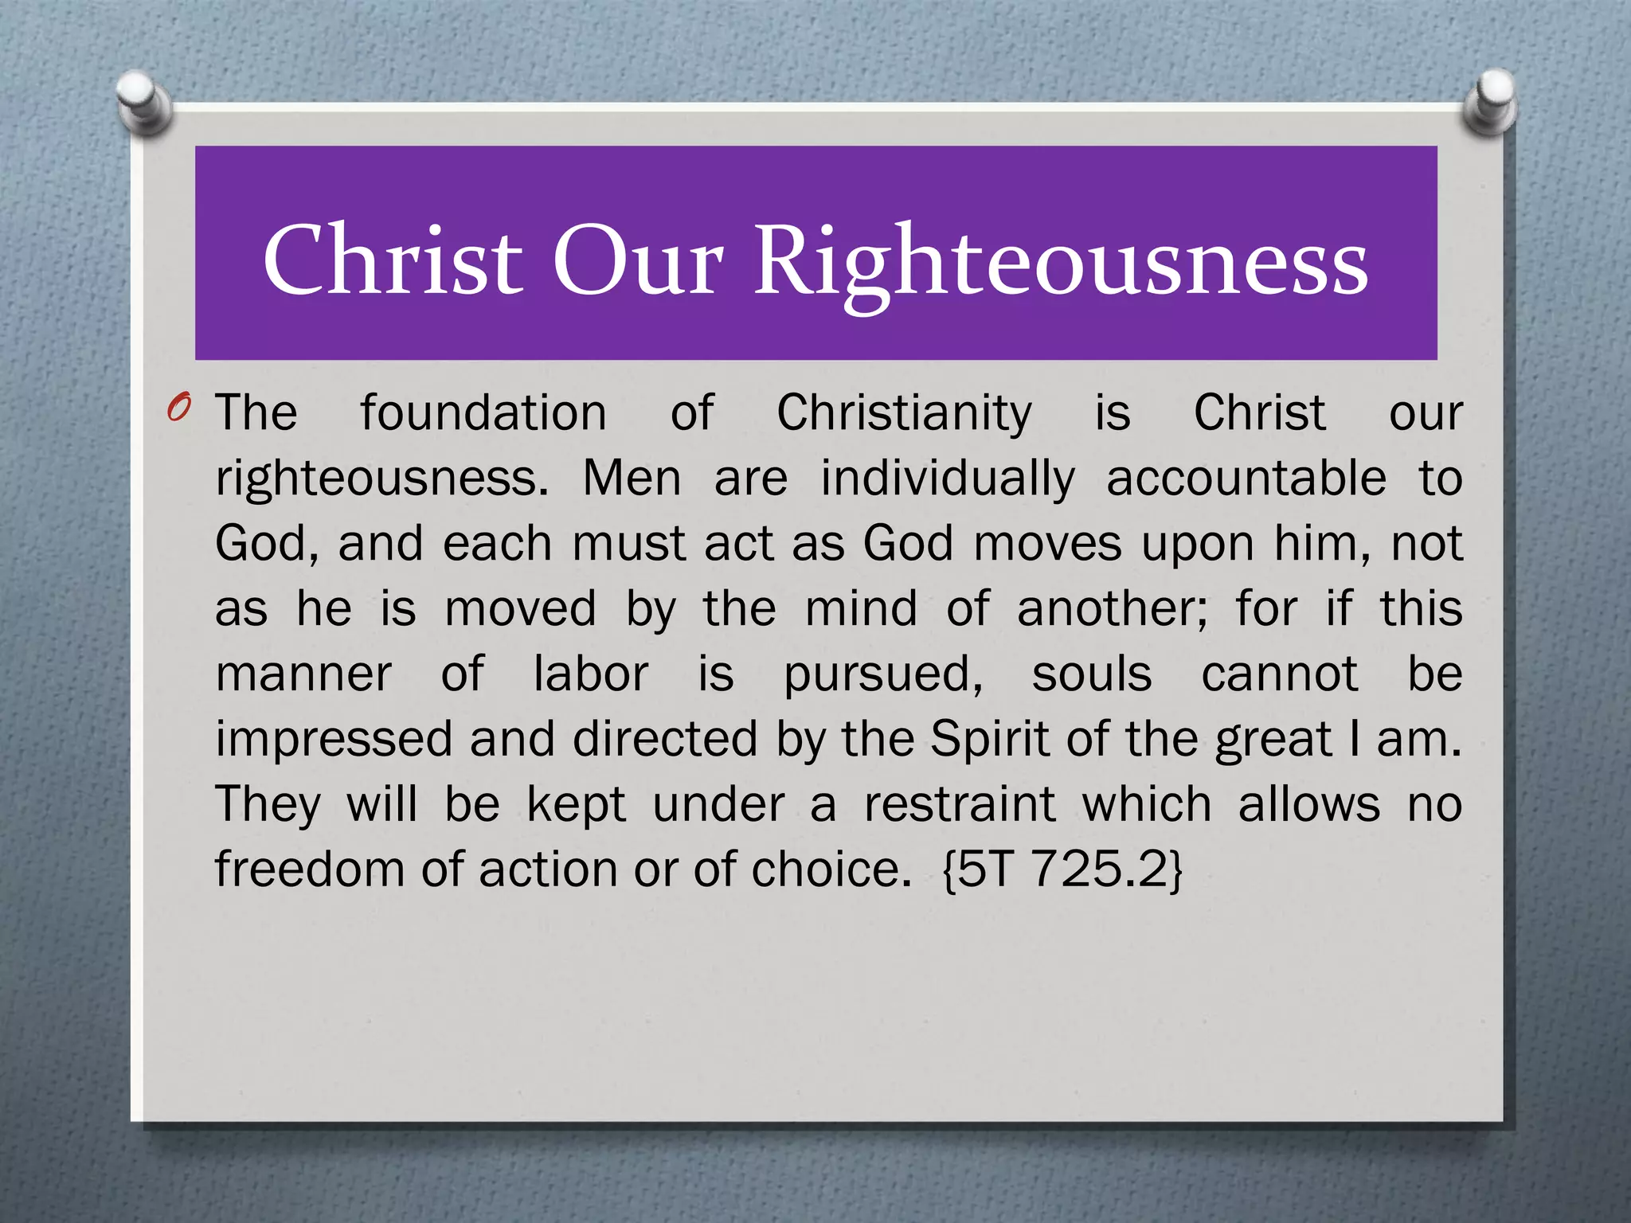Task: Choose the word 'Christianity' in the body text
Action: click(x=904, y=414)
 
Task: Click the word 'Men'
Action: click(x=632, y=479)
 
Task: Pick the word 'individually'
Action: click(x=948, y=480)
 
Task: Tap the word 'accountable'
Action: click(x=1246, y=479)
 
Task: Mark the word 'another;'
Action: click(x=1112, y=609)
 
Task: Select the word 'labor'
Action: click(x=590, y=674)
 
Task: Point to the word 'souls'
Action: click(x=1091, y=674)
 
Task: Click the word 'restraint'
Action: click(x=960, y=804)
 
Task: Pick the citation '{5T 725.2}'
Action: click(x=1062, y=869)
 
